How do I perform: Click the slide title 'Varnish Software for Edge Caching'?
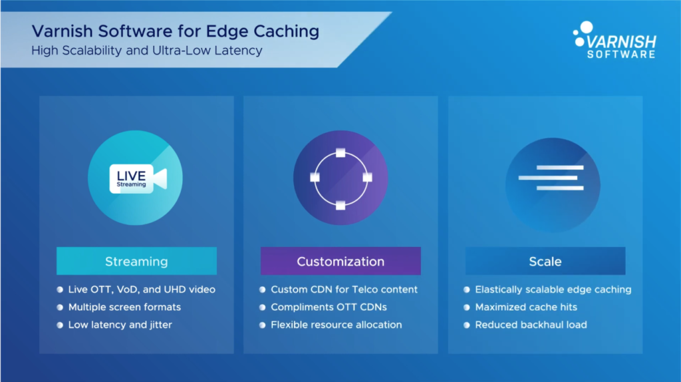[x=176, y=31]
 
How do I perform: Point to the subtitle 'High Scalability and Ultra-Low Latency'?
[x=147, y=51]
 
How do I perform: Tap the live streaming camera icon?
[x=137, y=178]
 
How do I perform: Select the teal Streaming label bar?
[x=136, y=261]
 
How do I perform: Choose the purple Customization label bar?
[x=340, y=261]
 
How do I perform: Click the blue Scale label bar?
[x=545, y=261]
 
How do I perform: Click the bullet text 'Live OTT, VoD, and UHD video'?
[x=142, y=289]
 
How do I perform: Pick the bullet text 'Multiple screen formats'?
[x=124, y=307]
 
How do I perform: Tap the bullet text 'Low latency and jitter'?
[x=120, y=325]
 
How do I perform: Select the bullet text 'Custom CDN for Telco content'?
[x=344, y=289]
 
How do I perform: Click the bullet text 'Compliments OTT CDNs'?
[x=329, y=307]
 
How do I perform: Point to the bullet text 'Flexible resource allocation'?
[x=336, y=325]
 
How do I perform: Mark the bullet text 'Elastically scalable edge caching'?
[x=553, y=289]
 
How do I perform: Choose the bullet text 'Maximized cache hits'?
[x=525, y=307]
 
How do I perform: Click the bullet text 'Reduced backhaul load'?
[x=531, y=325]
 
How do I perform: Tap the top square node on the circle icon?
[x=340, y=153]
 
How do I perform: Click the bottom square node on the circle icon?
[x=340, y=205]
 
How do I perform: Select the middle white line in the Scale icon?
[x=548, y=178]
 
